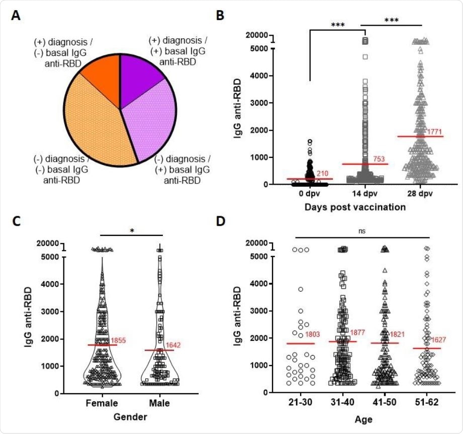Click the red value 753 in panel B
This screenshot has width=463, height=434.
coord(380,159)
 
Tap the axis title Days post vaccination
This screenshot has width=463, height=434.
coord(363,206)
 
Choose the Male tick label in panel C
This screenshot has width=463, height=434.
coord(159,403)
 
